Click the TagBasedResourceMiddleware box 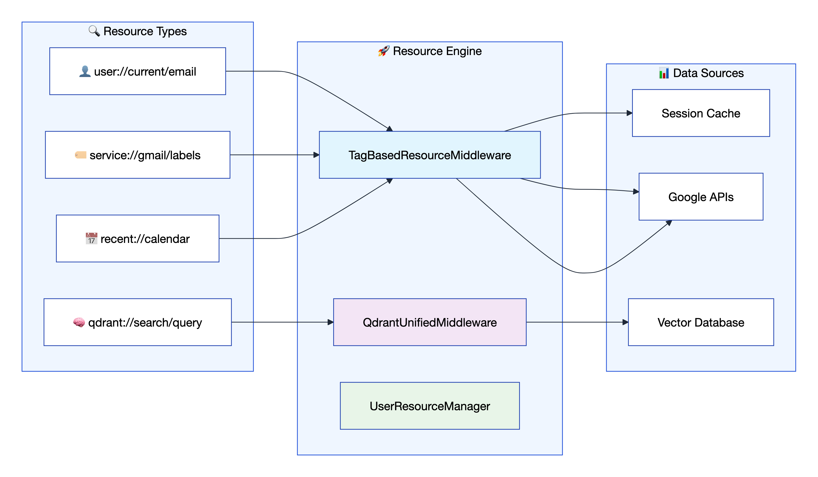click(430, 155)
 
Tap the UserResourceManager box click(430, 406)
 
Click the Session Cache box click(700, 113)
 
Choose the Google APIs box click(700, 197)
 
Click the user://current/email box click(138, 71)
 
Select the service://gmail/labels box click(138, 155)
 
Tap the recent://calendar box click(138, 238)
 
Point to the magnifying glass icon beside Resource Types click(94, 31)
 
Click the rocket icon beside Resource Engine click(383, 51)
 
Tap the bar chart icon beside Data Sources click(664, 73)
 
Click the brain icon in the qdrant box click(79, 322)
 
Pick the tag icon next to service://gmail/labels click(80, 155)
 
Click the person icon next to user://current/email click(85, 71)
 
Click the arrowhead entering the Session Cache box click(629, 113)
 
